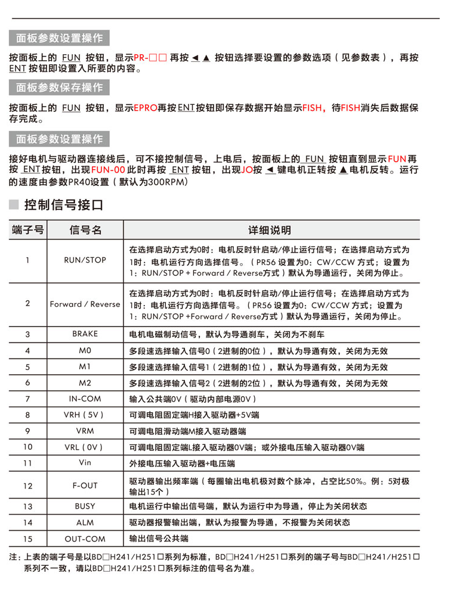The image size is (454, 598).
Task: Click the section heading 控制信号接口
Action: pyautogui.click(x=63, y=205)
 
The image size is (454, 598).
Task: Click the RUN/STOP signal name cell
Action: pyautogui.click(x=85, y=260)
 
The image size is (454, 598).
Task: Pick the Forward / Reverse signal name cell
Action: pyautogui.click(x=85, y=304)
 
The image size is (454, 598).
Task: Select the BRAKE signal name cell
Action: pyautogui.click(x=85, y=334)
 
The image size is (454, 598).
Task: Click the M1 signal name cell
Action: pyautogui.click(x=85, y=366)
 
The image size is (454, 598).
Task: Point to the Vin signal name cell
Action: pyautogui.click(x=85, y=462)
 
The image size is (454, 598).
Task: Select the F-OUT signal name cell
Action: pyautogui.click(x=85, y=485)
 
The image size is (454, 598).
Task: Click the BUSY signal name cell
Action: pyautogui.click(x=85, y=506)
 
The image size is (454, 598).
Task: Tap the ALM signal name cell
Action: pyautogui.click(x=85, y=522)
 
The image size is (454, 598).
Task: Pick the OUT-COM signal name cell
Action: pyautogui.click(x=85, y=538)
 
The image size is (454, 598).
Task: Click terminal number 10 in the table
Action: pyautogui.click(x=27, y=446)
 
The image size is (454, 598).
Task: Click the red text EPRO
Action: pyautogui.click(x=145, y=108)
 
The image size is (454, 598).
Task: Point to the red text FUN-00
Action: pyautogui.click(x=108, y=170)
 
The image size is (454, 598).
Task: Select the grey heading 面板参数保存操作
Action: pyautogui.click(x=59, y=88)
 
